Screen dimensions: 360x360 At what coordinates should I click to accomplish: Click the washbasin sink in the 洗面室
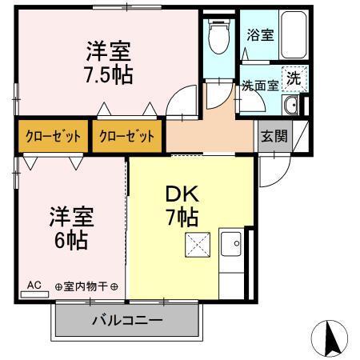click(x=292, y=106)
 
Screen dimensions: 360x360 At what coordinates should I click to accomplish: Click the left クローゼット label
click(x=52, y=135)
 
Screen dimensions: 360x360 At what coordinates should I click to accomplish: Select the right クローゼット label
click(x=126, y=135)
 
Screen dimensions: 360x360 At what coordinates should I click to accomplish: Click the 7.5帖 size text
click(x=110, y=75)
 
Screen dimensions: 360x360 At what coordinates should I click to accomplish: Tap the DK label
click(x=182, y=194)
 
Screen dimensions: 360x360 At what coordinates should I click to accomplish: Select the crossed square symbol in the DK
click(x=198, y=246)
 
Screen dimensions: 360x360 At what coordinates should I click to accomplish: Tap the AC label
click(x=34, y=284)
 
